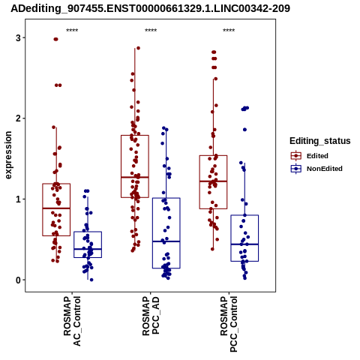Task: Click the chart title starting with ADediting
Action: (150, 8)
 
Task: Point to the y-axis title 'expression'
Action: (8, 155)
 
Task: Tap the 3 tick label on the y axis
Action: (19, 37)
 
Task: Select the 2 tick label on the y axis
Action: (19, 118)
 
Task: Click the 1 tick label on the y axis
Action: (19, 199)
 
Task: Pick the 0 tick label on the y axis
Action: (19, 280)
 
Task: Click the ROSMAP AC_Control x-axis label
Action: (72, 321)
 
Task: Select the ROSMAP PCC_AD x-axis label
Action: (151, 316)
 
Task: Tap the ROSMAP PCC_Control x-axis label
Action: (229, 324)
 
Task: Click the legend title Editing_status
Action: (320, 141)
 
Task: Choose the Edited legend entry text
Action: (317, 156)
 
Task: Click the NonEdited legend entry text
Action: (325, 169)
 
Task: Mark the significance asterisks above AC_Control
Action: (72, 31)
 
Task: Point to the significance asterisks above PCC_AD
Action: (151, 31)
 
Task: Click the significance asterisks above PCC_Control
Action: (229, 31)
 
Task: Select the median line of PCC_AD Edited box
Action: (135, 177)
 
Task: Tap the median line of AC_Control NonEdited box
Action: (88, 249)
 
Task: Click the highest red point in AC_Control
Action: (55, 39)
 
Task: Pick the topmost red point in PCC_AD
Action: (138, 48)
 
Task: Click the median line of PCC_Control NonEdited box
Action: (244, 244)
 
